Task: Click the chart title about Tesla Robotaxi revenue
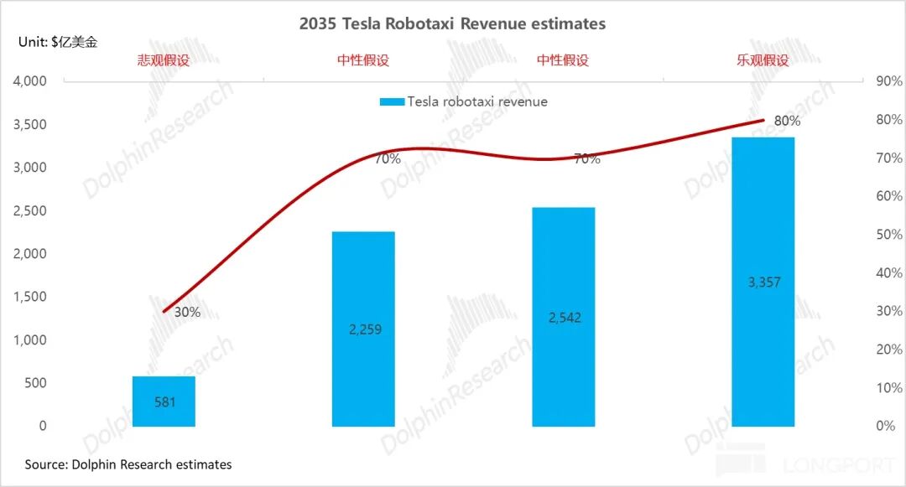click(452, 23)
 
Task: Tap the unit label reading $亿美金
click(58, 42)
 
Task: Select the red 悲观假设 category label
click(164, 60)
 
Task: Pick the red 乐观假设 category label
click(763, 60)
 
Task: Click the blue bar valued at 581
click(164, 402)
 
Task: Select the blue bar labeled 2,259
click(363, 329)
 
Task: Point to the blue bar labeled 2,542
click(563, 317)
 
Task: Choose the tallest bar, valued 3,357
click(763, 282)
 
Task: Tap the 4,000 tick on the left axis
click(29, 81)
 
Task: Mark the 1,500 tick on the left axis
click(29, 297)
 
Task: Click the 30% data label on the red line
click(187, 312)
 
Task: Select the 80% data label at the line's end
click(787, 121)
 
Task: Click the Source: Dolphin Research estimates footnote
click(128, 464)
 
